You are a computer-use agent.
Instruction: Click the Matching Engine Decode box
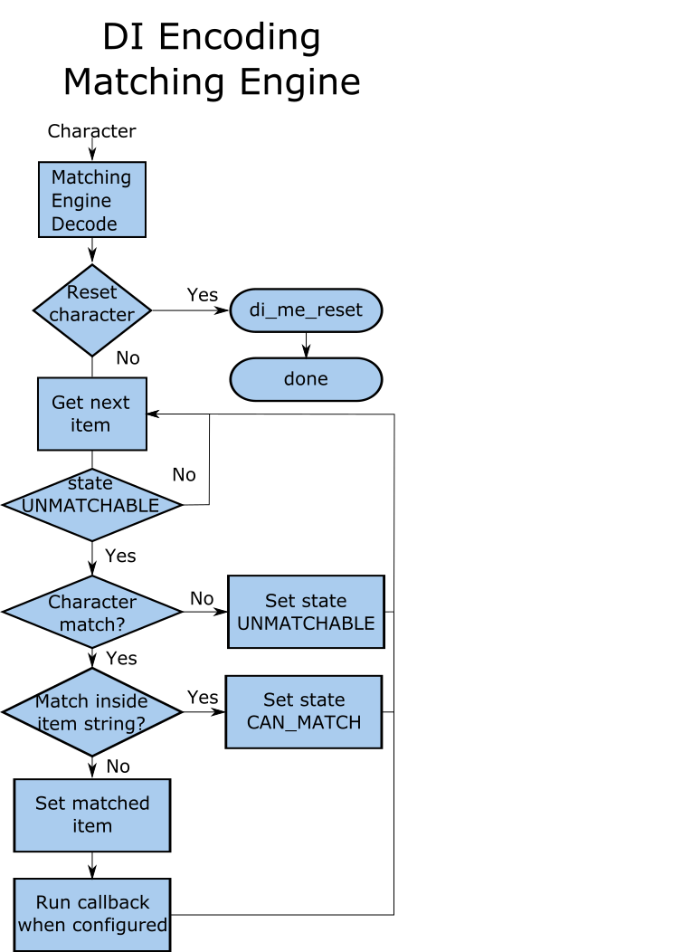(x=91, y=200)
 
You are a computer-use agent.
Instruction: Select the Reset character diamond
(x=91, y=310)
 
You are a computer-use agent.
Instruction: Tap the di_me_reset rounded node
(x=306, y=310)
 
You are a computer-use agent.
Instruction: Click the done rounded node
(x=306, y=379)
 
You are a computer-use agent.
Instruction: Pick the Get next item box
(x=91, y=414)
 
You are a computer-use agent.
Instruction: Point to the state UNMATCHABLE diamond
(x=91, y=505)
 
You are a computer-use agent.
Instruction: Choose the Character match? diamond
(x=91, y=612)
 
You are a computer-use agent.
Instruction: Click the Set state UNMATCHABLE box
(x=306, y=612)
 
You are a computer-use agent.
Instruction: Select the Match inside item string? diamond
(x=91, y=712)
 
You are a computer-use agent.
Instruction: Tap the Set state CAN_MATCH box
(x=303, y=712)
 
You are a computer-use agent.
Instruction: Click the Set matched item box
(x=91, y=814)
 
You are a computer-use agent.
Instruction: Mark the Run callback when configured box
(x=91, y=914)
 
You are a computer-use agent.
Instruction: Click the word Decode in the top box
(x=84, y=224)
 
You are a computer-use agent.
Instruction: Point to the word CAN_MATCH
(x=304, y=723)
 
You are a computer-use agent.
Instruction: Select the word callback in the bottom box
(x=113, y=902)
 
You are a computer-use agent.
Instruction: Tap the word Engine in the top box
(x=81, y=201)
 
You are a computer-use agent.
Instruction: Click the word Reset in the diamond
(x=91, y=292)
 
